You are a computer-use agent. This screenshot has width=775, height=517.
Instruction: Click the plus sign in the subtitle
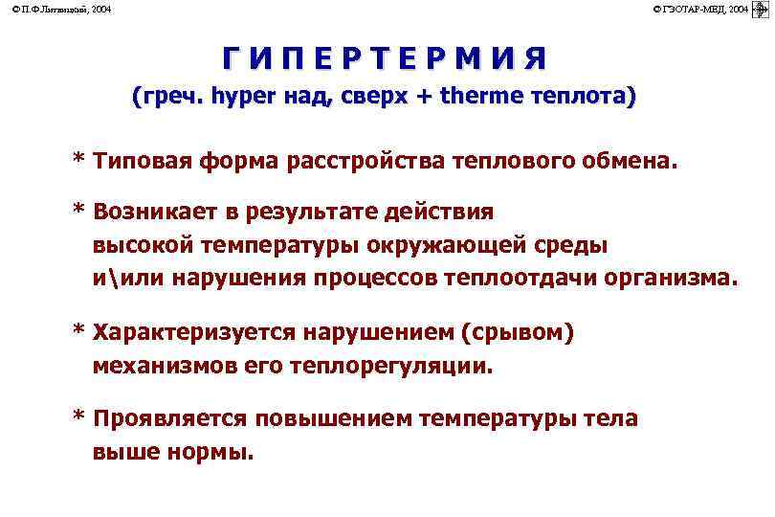(423, 98)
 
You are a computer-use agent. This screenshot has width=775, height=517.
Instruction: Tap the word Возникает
(154, 211)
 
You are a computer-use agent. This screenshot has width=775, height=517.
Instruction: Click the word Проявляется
(169, 418)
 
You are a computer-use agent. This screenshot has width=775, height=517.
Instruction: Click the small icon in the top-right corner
(762, 9)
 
